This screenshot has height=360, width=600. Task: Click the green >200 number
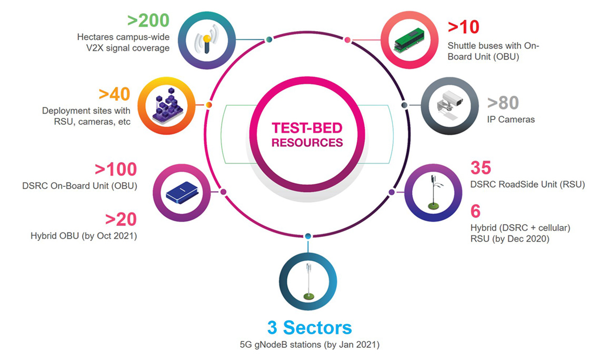[148, 22]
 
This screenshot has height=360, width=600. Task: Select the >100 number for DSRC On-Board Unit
[116, 169]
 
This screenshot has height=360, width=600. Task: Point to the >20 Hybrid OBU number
[121, 219]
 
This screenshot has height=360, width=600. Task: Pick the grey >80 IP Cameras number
[503, 103]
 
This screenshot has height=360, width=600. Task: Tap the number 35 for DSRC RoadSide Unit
[480, 168]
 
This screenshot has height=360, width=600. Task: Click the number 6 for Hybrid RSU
[475, 212]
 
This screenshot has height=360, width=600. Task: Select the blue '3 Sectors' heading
[309, 327]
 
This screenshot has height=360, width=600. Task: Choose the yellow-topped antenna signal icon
[206, 41]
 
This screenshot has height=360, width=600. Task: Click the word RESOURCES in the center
[307, 142]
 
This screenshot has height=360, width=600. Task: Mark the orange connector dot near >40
[209, 105]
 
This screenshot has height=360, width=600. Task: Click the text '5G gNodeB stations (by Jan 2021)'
[309, 346]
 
